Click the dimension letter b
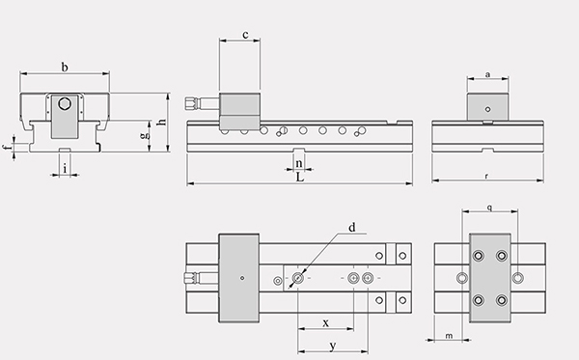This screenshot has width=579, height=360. tap(65, 68)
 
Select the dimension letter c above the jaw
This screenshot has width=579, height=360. tap(245, 35)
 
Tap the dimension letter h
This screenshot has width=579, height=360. tap(162, 121)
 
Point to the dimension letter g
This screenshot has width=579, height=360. tap(145, 136)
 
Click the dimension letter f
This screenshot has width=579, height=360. tap(7, 148)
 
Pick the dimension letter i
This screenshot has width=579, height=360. tap(65, 169)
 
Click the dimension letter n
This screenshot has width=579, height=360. tap(299, 163)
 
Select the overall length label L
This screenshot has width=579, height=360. tap(300, 178)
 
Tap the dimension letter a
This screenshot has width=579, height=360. tap(487, 74)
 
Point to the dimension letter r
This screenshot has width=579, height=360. tap(486, 177)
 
